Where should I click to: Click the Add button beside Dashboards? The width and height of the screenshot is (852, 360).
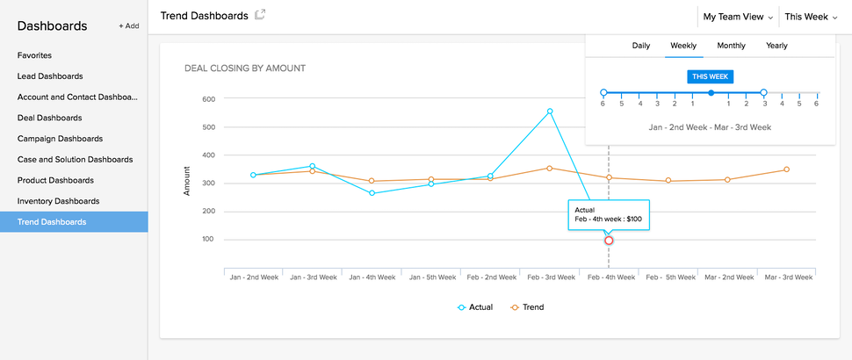(129, 26)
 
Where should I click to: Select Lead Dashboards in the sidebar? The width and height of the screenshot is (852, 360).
(50, 76)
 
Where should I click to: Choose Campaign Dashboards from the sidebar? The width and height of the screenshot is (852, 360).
(60, 139)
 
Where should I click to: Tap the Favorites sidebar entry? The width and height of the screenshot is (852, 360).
(34, 55)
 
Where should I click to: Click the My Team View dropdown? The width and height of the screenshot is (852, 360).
(738, 17)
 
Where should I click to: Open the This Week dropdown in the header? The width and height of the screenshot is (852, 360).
(811, 17)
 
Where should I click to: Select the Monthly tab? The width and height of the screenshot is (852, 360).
(731, 46)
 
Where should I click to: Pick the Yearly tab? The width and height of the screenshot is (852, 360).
(776, 46)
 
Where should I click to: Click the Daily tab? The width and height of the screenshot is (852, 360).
(641, 46)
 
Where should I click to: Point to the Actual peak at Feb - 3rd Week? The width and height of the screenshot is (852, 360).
(550, 112)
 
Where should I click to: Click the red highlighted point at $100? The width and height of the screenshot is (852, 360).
(609, 241)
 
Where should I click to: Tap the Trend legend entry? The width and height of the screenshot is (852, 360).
(527, 307)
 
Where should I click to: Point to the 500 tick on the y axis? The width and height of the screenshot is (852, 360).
(208, 127)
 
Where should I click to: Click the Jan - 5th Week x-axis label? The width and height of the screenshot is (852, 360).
(430, 277)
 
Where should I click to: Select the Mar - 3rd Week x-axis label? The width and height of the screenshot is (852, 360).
(785, 277)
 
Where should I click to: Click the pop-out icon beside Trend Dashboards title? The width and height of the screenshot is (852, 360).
(260, 15)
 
